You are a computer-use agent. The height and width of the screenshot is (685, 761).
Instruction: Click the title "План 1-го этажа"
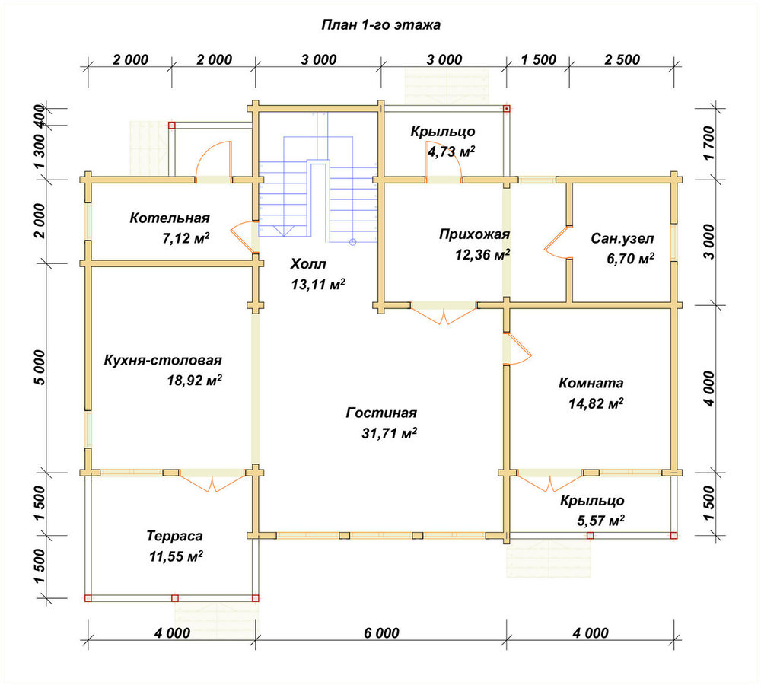(x=381, y=25)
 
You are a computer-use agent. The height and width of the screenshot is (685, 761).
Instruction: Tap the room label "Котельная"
(x=170, y=218)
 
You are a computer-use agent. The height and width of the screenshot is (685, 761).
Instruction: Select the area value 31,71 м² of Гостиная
(x=389, y=433)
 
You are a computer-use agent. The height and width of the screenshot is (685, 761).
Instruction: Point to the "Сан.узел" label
(x=622, y=239)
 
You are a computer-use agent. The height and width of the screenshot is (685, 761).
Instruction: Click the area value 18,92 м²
(x=195, y=380)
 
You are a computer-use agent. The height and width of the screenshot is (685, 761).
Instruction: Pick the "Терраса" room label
(x=175, y=536)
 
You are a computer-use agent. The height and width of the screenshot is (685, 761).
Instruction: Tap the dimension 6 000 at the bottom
(x=381, y=633)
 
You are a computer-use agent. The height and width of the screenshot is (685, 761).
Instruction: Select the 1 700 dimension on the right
(x=708, y=143)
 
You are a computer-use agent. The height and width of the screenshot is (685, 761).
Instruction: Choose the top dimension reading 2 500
(x=622, y=59)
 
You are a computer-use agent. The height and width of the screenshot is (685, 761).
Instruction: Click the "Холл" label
(x=308, y=264)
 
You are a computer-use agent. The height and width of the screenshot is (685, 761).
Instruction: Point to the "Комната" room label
(x=591, y=383)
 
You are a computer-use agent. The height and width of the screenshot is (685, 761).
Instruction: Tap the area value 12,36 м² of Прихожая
(x=482, y=254)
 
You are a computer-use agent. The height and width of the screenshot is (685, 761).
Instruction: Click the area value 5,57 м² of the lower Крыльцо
(x=600, y=521)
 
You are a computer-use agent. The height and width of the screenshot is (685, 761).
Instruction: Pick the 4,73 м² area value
(x=451, y=151)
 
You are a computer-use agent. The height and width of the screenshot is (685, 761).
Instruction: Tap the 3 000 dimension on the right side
(x=708, y=242)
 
